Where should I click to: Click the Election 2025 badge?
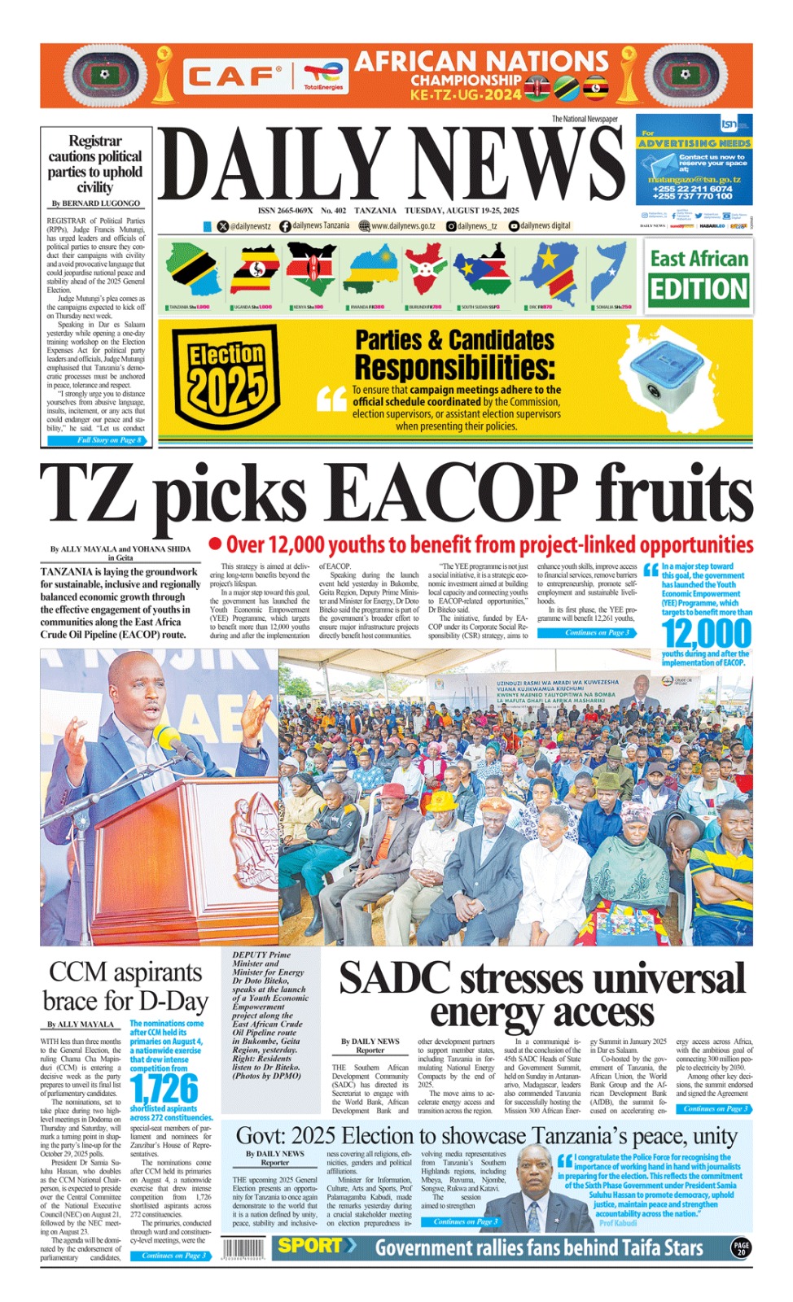[226, 376]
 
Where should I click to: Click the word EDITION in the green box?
[698, 290]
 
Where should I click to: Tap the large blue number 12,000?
[706, 634]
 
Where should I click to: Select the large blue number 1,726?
[164, 1089]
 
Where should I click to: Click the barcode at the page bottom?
[243, 1248]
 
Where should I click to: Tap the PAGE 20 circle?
[741, 1247]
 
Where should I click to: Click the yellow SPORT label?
[311, 1246]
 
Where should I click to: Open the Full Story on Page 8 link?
[108, 440]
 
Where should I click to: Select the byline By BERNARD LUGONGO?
[95, 203]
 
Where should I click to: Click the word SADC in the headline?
[394, 979]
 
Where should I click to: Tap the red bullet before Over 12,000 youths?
[215, 544]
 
